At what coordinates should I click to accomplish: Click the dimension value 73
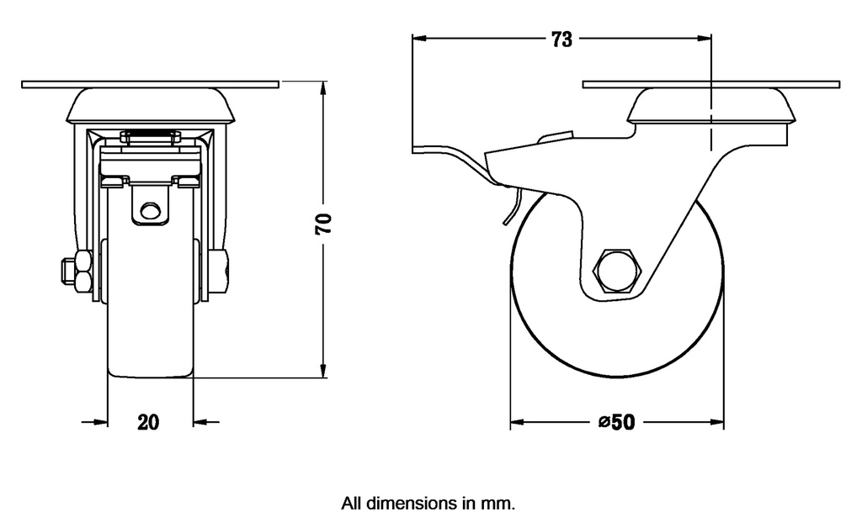[561, 39]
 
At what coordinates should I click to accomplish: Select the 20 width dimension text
[149, 422]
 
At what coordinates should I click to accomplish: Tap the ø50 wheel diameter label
[616, 422]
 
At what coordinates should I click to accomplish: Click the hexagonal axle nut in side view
[617, 272]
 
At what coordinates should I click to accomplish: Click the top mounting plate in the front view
[150, 84]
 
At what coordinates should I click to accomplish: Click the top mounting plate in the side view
[711, 84]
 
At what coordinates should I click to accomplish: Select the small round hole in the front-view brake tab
[150, 210]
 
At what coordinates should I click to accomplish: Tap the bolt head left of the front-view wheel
[69, 272]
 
